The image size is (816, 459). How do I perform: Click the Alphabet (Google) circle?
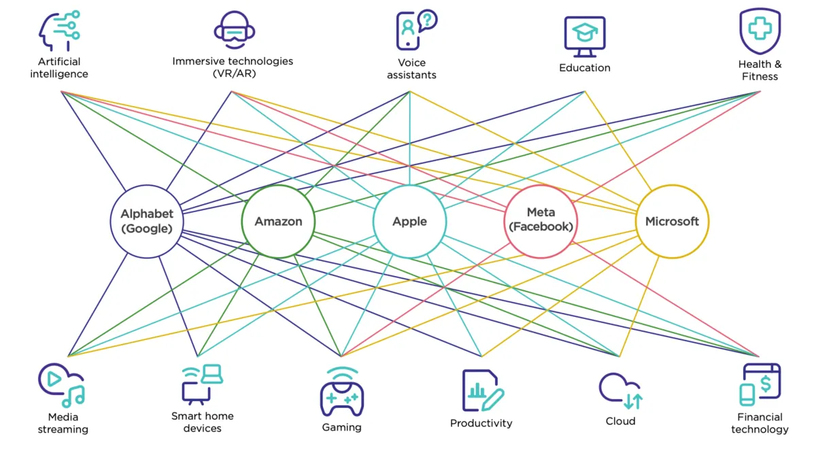pos(147,221)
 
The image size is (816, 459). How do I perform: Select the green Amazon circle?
pos(278,221)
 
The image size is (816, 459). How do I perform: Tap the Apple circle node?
pos(409,221)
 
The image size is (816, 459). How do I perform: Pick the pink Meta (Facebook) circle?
pos(541,221)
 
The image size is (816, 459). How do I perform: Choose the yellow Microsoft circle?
pos(672,221)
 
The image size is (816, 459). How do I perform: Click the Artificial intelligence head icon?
pos(59,30)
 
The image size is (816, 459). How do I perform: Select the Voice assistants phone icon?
pos(414,30)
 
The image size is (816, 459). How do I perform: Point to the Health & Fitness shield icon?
pos(760,31)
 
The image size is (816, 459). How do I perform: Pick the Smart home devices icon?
pos(202,384)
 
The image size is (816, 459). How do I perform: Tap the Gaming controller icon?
pos(341,392)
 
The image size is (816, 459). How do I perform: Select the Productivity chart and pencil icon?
pos(482,390)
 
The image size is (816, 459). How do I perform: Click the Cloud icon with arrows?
pos(620,390)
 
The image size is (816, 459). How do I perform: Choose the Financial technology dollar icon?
pos(760,384)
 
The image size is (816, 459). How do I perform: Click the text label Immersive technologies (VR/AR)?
pos(233,67)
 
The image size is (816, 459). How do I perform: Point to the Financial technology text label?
pos(760,423)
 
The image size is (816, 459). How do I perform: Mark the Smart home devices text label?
pos(202,422)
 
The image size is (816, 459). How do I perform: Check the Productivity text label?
pos(481,423)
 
